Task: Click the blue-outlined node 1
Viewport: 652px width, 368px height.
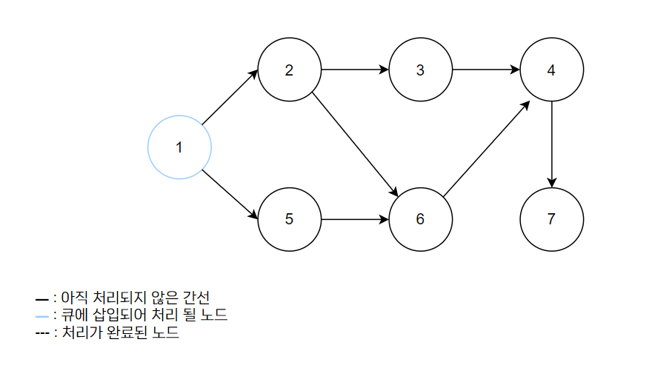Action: [180, 147]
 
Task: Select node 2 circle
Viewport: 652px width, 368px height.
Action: [289, 71]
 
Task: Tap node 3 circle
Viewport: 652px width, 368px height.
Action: [420, 71]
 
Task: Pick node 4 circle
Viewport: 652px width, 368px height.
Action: [551, 71]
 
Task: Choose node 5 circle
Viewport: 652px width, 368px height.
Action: [289, 219]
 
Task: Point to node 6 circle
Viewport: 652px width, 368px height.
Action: [420, 219]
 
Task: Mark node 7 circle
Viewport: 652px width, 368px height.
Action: [551, 219]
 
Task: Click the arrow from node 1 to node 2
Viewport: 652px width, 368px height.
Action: [230, 97]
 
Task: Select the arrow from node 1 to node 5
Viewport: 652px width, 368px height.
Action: [230, 195]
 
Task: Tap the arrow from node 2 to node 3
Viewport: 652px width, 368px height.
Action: [354, 71]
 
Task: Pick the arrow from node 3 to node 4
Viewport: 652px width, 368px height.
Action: [485, 71]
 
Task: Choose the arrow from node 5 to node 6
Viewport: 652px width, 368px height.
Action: [354, 219]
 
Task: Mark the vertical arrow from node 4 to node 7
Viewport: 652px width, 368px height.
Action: [551, 145]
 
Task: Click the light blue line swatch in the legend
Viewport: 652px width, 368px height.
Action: [41, 316]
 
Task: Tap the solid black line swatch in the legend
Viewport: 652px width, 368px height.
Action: [41, 298]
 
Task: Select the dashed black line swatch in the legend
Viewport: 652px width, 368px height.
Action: [41, 334]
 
